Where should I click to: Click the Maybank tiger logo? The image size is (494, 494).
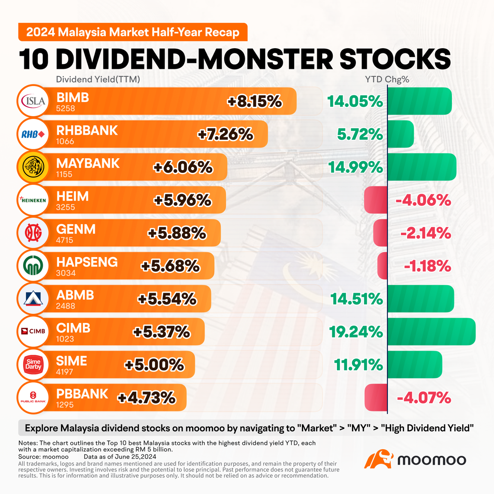pyautogui.click(x=33, y=167)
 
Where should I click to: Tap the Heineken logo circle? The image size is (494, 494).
pyautogui.click(x=33, y=200)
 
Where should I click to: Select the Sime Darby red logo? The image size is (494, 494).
pyautogui.click(x=33, y=364)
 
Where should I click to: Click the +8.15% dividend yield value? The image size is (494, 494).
pyautogui.click(x=255, y=102)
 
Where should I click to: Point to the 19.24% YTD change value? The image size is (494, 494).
pyautogui.click(x=355, y=332)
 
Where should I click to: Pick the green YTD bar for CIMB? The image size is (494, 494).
pyautogui.click(x=431, y=332)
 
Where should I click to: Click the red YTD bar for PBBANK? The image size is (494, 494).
pyautogui.click(x=376, y=398)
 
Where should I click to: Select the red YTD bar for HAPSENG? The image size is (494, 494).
pyautogui.click(x=382, y=266)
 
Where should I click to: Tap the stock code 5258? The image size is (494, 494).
pyautogui.click(x=65, y=108)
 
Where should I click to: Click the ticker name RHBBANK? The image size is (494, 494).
pyautogui.click(x=87, y=130)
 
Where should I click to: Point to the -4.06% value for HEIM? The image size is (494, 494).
pyautogui.click(x=423, y=200)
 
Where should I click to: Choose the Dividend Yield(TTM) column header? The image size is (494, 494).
pyautogui.click(x=98, y=80)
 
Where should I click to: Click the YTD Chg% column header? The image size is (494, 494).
pyautogui.click(x=387, y=80)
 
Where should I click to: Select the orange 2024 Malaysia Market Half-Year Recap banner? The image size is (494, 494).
pyautogui.click(x=133, y=32)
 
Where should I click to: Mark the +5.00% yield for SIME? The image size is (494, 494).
pyautogui.click(x=154, y=365)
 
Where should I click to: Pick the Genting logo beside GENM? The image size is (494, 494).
pyautogui.click(x=33, y=233)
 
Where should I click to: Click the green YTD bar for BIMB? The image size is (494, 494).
pyautogui.click(x=419, y=101)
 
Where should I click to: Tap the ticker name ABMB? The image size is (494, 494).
pyautogui.click(x=75, y=295)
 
